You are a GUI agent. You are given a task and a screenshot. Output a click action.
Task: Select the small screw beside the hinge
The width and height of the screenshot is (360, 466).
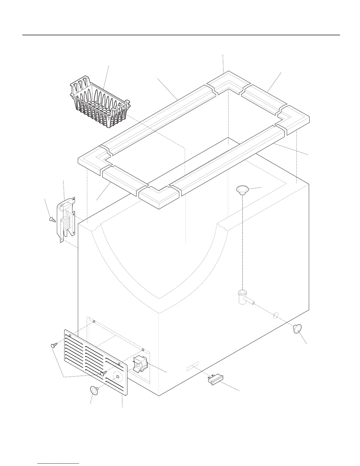[x=52, y=219]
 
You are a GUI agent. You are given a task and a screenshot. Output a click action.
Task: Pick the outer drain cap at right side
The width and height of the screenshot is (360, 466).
[x=298, y=328]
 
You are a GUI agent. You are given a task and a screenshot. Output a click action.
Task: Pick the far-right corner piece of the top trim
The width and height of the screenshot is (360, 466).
[x=296, y=118]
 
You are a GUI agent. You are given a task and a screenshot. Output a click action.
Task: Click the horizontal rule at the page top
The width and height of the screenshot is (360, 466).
[x=181, y=35]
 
